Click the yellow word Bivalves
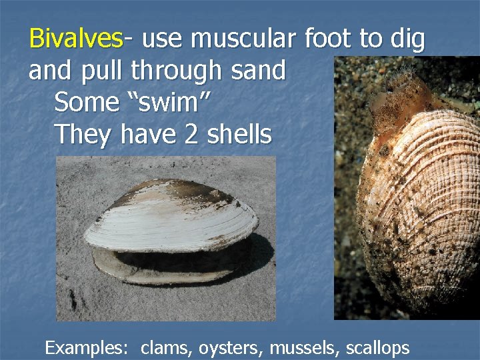tap(76, 40)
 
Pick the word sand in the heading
tap(257, 70)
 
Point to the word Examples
tap(86, 347)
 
